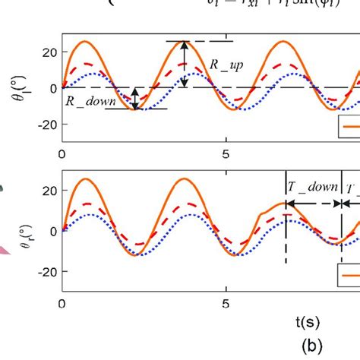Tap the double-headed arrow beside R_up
point(185,65)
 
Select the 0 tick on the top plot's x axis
point(62,153)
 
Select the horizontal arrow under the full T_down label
point(312,204)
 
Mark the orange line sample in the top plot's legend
point(351,128)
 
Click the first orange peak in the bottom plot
point(86,179)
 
